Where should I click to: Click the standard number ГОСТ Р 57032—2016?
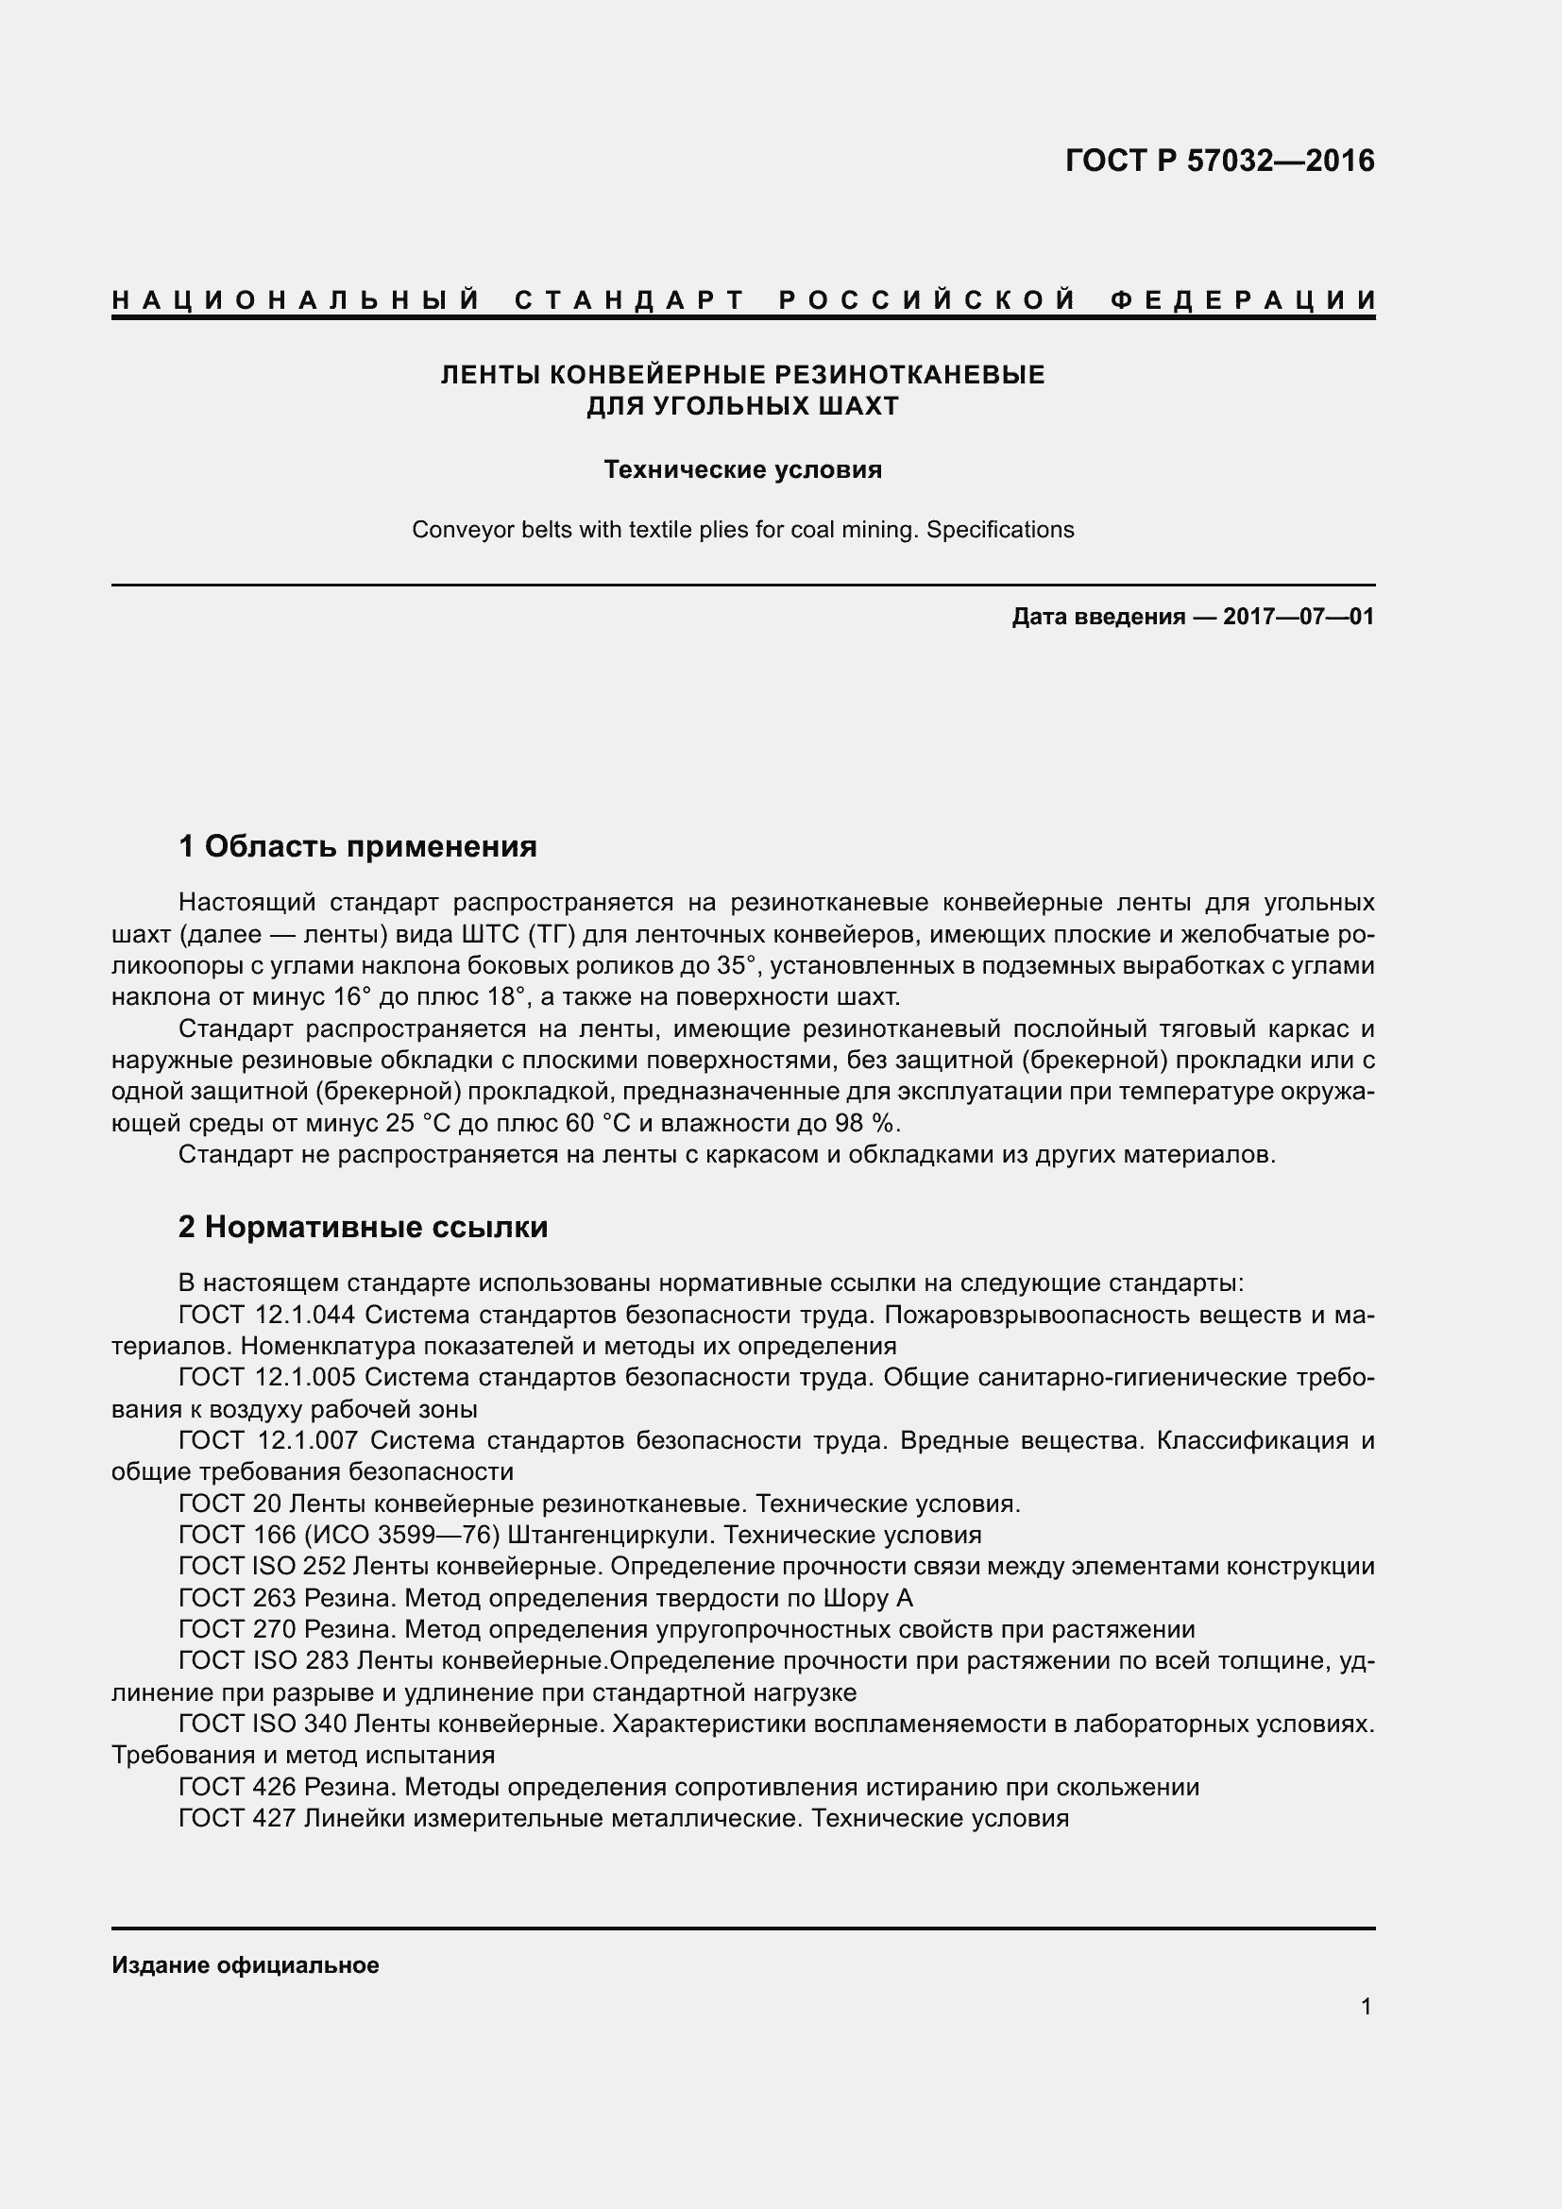1219,161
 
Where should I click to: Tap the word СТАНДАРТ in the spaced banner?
630,300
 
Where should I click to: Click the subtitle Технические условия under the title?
742,469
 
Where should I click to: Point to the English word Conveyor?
455,530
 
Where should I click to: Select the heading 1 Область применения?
358,846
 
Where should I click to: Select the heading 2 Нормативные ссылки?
364,1227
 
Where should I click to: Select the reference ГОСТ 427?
237,1818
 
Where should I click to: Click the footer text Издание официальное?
246,1965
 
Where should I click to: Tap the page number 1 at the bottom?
1366,2007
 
